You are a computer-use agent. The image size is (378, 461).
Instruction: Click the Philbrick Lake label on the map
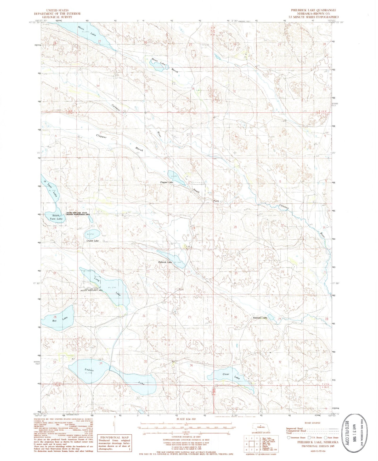(165, 262)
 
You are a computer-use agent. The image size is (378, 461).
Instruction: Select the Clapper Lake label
(167, 182)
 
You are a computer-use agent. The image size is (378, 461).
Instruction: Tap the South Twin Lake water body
(54, 218)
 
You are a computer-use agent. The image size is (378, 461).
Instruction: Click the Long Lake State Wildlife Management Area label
(91, 290)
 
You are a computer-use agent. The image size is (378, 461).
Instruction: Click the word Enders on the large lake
(89, 370)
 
